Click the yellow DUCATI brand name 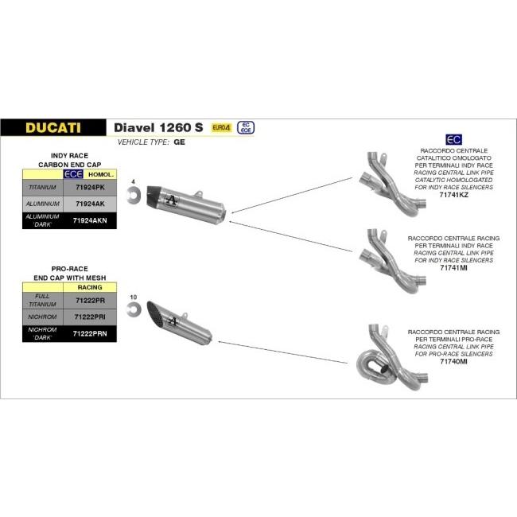tap(52, 127)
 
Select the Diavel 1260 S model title tap(158, 127)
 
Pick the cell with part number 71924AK tap(90, 204)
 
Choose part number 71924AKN tap(90, 220)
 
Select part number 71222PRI tap(90, 317)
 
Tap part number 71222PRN tap(90, 334)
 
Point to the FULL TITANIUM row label tap(42, 300)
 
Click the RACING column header tap(90, 286)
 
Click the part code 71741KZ tap(453, 195)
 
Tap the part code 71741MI tap(453, 268)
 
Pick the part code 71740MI tap(453, 362)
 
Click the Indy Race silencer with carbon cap tap(191, 204)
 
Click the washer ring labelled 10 tap(134, 308)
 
